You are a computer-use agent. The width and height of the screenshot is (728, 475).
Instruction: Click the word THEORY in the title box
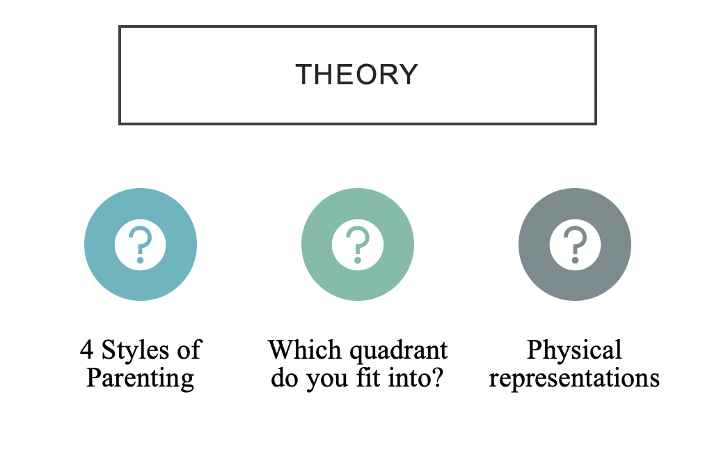pos(356,75)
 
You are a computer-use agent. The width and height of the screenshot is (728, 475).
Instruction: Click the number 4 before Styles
pos(86,350)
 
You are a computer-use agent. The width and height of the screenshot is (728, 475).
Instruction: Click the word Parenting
pos(140,379)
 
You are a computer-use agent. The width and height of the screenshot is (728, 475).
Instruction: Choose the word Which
pos(305,350)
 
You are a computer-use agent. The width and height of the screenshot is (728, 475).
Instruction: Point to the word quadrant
pos(399,351)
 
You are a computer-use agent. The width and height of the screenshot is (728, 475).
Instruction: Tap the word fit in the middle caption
pos(369,377)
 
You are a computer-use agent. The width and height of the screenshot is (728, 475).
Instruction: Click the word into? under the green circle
pos(416,377)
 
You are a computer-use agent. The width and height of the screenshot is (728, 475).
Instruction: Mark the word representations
pos(574,379)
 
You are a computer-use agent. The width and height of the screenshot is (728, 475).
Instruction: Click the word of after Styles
pos(189,350)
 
